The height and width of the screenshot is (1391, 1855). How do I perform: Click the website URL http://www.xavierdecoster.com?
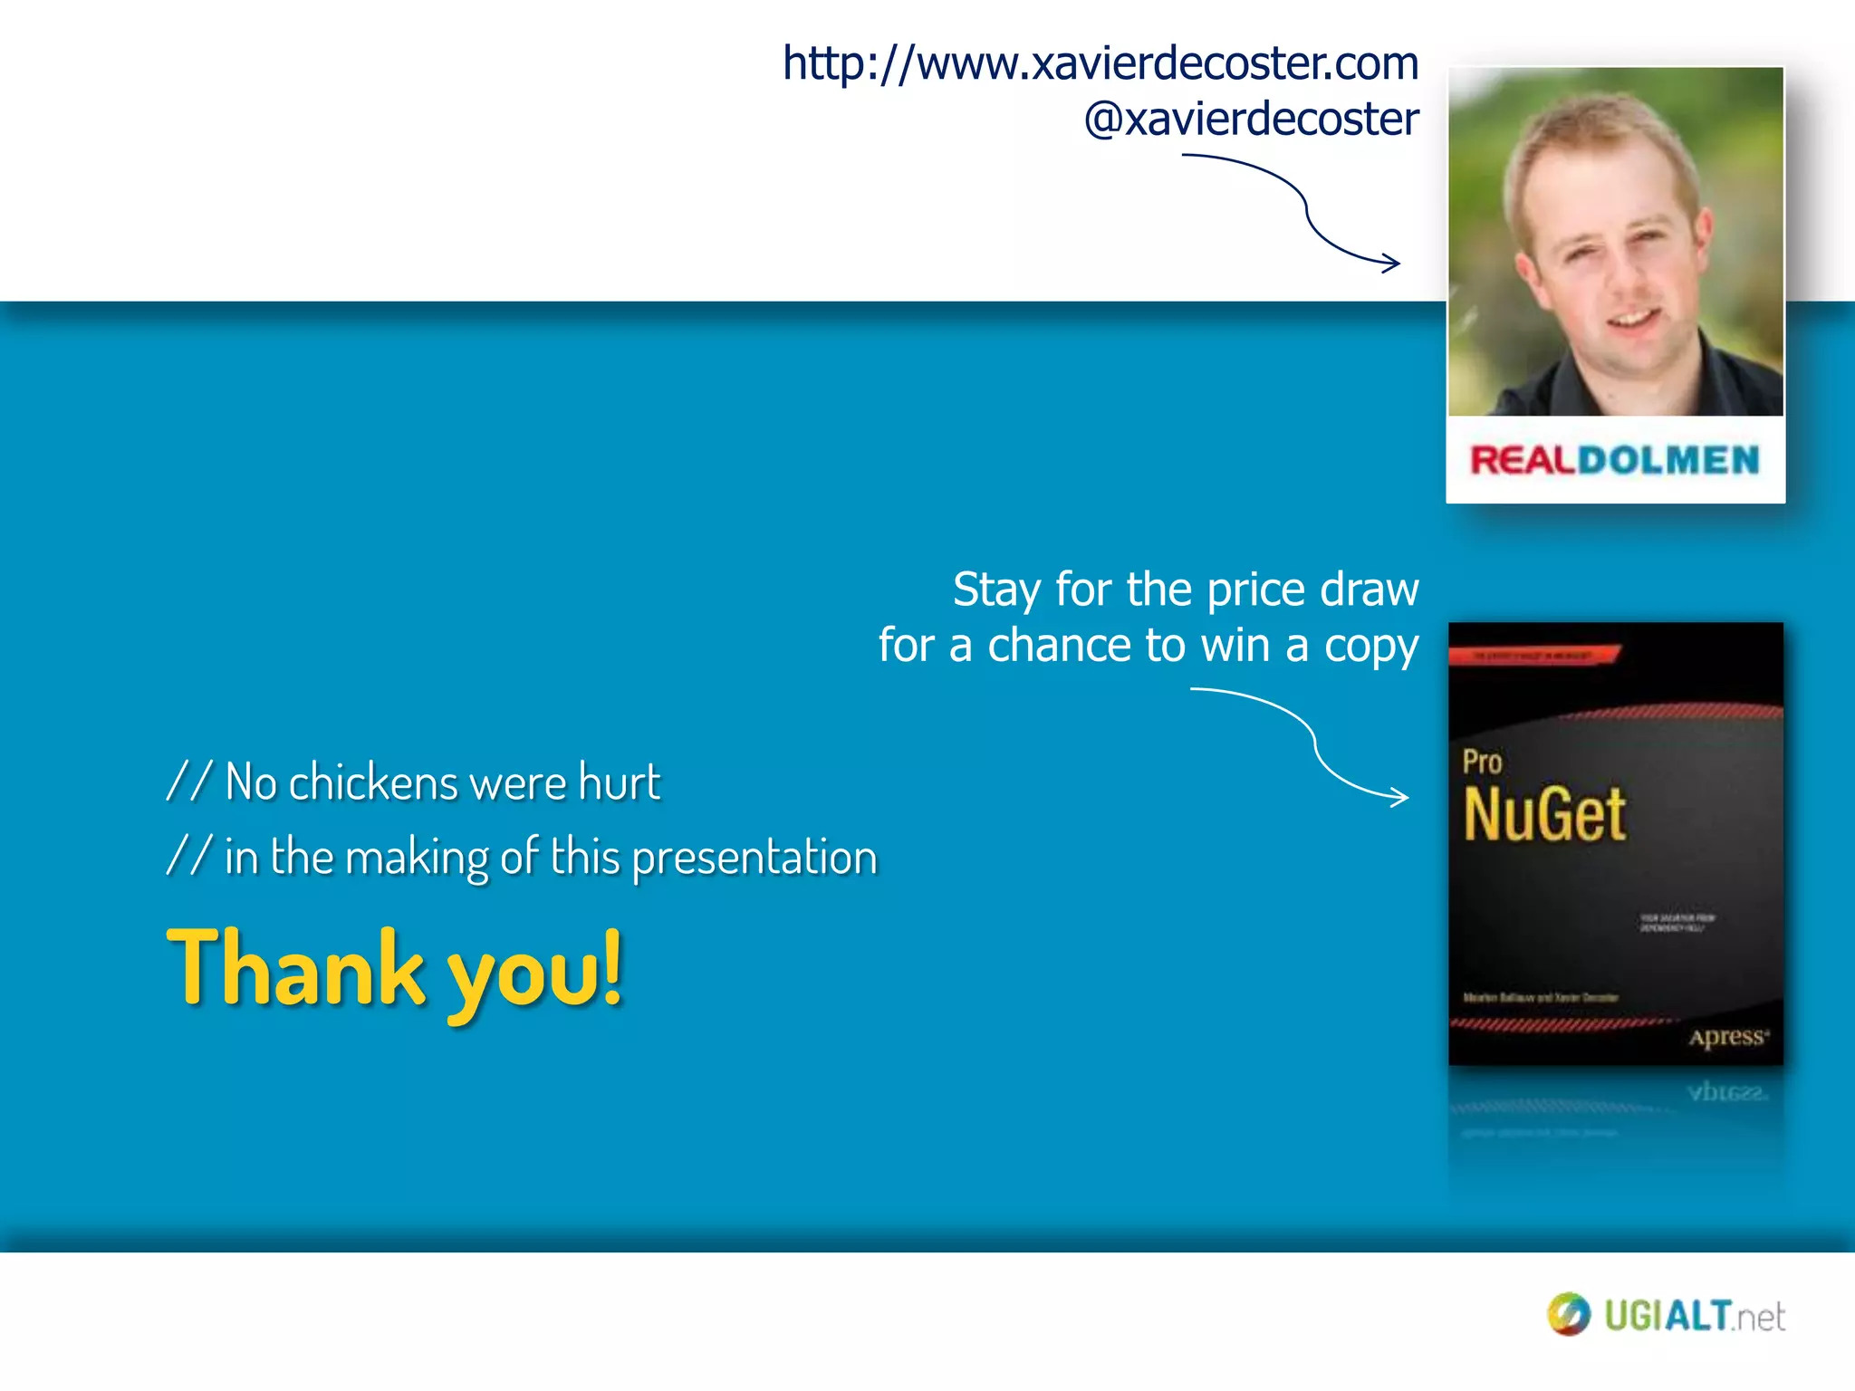[x=1100, y=63]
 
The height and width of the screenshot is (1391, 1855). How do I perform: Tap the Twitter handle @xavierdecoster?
[x=1251, y=120]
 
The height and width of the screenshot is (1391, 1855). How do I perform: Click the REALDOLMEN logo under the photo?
[x=1614, y=460]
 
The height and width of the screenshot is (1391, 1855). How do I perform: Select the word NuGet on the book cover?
[x=1544, y=814]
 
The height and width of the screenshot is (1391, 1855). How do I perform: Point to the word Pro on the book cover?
[x=1482, y=762]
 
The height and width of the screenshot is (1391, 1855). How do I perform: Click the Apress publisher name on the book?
[x=1727, y=1037]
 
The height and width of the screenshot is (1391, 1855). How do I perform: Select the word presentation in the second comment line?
[x=754, y=858]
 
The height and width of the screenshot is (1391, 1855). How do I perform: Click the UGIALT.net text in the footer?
[x=1694, y=1316]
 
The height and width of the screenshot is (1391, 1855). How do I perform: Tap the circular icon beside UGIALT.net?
[x=1569, y=1314]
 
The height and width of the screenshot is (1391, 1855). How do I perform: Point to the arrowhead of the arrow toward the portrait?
[x=1395, y=264]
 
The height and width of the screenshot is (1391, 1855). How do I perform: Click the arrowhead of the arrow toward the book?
[x=1403, y=797]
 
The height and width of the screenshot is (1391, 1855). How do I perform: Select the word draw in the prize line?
[x=1369, y=590]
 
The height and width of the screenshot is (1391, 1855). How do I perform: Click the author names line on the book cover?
[x=1540, y=997]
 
